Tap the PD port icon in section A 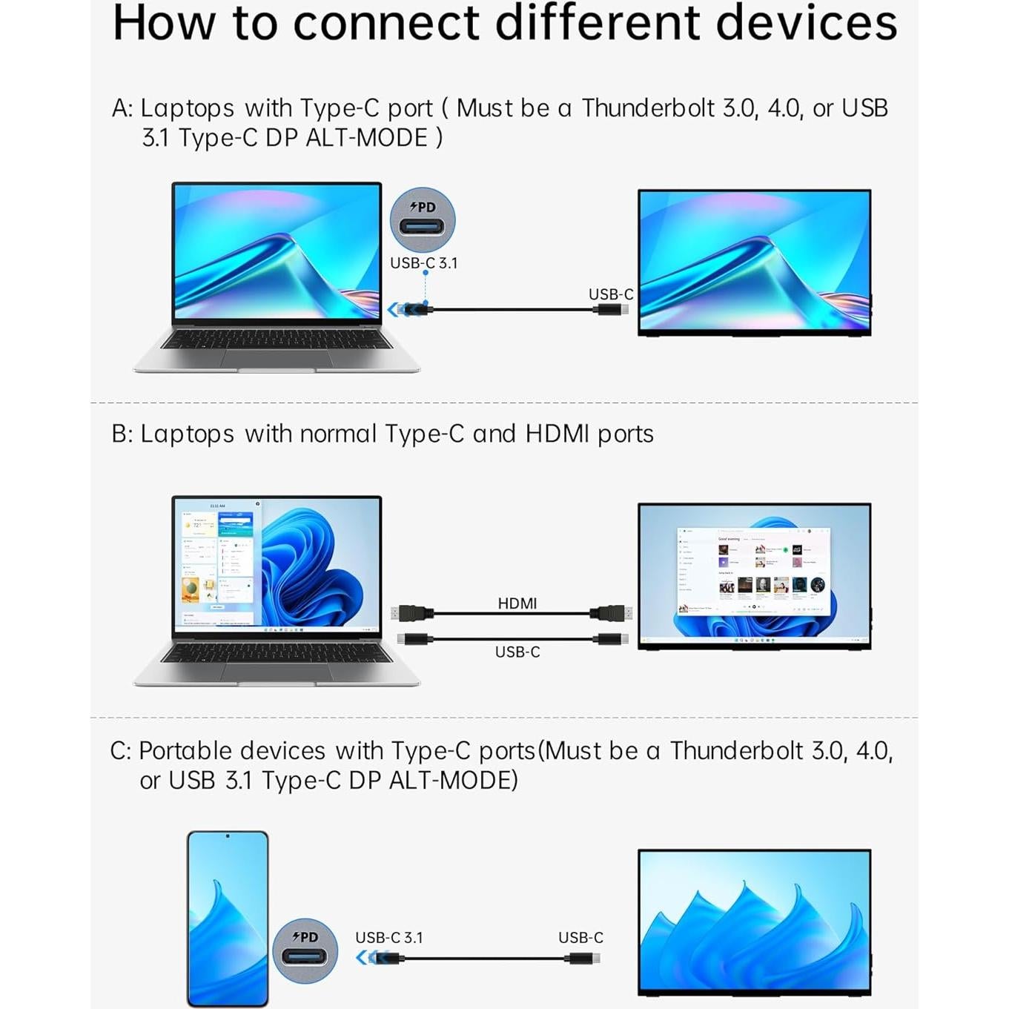point(423,220)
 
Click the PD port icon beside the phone point(305,950)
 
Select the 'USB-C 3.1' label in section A point(423,263)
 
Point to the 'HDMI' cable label point(517,603)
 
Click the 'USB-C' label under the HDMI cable point(517,652)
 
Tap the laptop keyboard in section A point(276,340)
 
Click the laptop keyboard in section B point(276,653)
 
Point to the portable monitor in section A point(754,262)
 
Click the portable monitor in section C point(754,921)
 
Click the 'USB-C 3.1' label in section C point(388,938)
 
